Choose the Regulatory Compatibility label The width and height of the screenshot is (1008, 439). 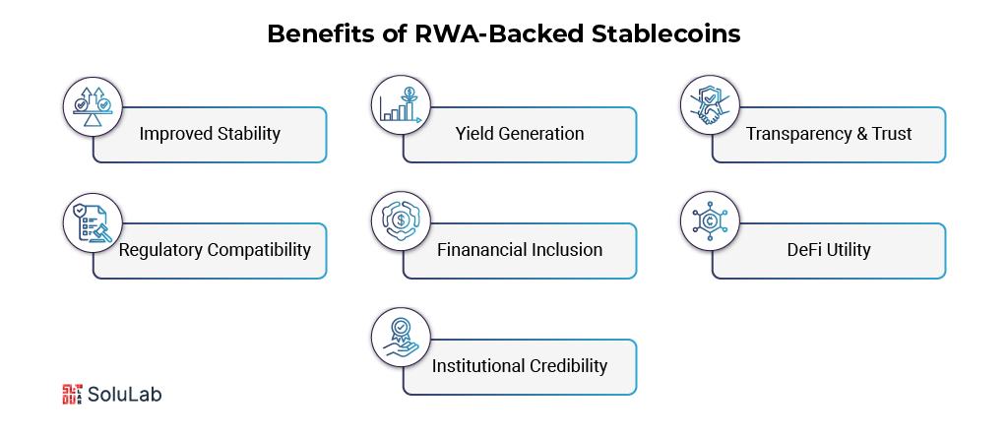[215, 249]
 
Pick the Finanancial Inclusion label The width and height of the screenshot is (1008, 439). [520, 249]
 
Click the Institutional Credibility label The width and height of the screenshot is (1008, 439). [520, 365]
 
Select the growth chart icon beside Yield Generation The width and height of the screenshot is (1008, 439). [401, 103]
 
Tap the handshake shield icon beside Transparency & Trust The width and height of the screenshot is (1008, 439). [710, 103]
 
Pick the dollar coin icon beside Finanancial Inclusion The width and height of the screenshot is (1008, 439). [401, 219]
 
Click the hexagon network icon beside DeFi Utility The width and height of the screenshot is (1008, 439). [710, 219]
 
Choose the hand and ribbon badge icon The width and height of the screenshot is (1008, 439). [401, 336]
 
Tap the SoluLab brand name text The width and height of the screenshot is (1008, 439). [124, 394]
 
